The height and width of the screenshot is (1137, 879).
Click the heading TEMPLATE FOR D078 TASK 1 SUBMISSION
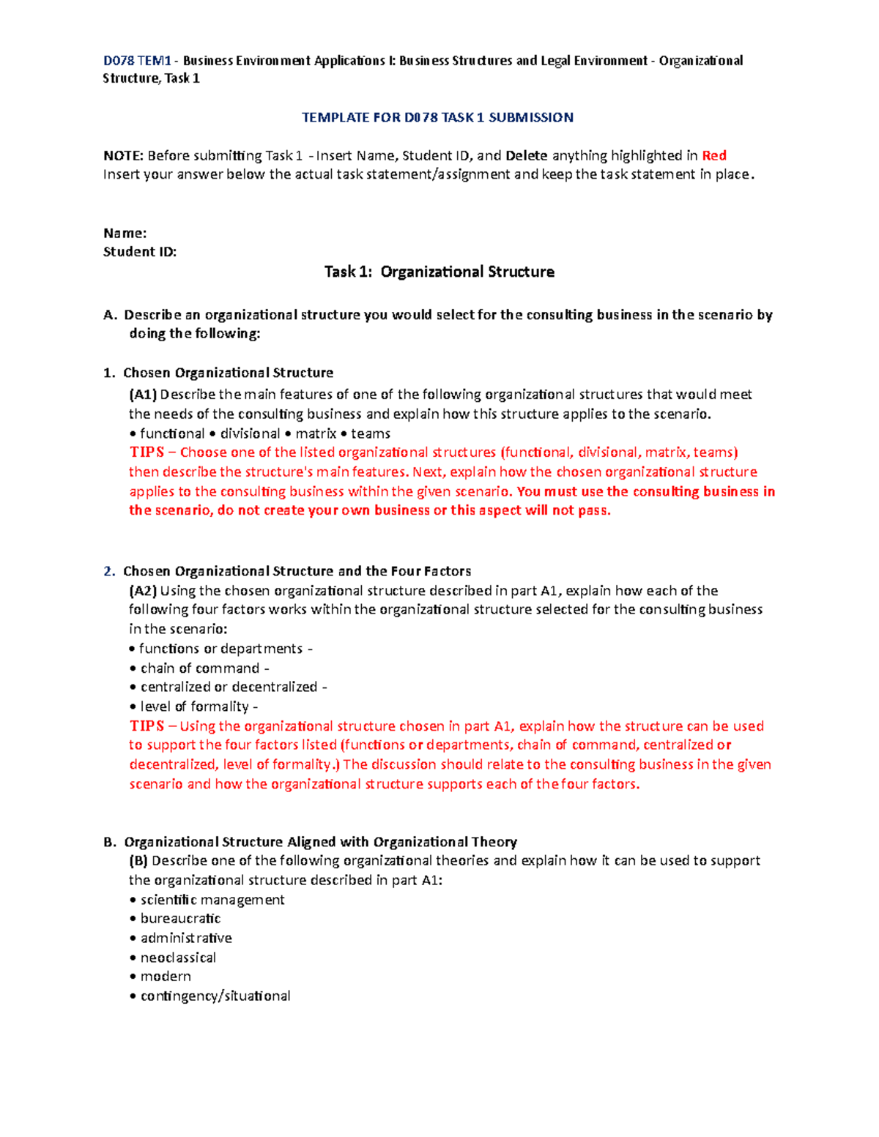tap(437, 117)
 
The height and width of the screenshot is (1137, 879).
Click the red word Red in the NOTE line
tap(713, 155)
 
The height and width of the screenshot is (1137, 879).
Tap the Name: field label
tap(125, 233)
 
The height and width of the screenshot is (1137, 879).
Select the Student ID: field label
tap(139, 252)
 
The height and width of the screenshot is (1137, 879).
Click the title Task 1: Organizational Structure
tap(439, 272)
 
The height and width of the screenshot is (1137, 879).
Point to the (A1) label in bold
tap(143, 395)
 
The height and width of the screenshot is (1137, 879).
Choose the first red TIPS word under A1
tap(146, 452)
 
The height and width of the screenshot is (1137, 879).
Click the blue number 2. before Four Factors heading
tap(109, 571)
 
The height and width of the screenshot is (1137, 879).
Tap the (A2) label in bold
tap(143, 591)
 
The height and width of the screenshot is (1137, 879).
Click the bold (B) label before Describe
tap(138, 861)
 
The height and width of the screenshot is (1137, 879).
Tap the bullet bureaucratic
tap(180, 919)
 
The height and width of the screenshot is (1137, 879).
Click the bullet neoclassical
tap(178, 958)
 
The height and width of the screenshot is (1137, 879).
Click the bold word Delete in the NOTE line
tap(526, 155)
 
